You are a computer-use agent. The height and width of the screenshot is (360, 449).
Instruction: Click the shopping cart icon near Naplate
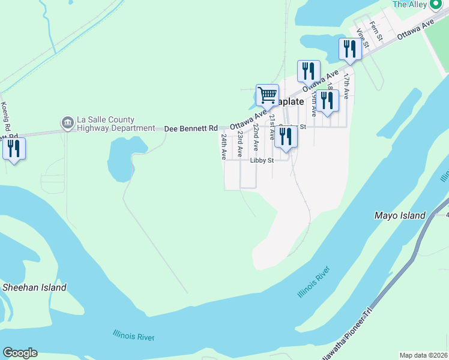pyautogui.click(x=267, y=94)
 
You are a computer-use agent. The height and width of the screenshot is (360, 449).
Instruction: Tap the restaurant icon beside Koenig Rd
pyautogui.click(x=14, y=148)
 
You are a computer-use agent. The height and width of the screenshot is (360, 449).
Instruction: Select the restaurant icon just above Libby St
pyautogui.click(x=285, y=136)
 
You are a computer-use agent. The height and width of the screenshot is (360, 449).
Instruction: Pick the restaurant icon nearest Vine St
pyautogui.click(x=349, y=49)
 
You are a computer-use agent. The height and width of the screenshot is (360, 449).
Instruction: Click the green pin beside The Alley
pyautogui.click(x=436, y=4)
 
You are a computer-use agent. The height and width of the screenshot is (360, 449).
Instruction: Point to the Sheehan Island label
pyautogui.click(x=34, y=287)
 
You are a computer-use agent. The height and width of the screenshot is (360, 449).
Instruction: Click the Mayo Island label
pyautogui.click(x=399, y=215)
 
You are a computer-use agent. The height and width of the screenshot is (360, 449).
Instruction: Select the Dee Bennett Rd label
pyautogui.click(x=191, y=128)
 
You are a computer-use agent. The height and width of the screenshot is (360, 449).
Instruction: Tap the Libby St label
pyautogui.click(x=262, y=160)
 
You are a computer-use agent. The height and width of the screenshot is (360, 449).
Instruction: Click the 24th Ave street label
pyautogui.click(x=223, y=146)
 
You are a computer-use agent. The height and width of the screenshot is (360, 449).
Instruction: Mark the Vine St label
pyautogui.click(x=361, y=38)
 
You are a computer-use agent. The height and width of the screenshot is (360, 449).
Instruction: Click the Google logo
pyautogui.click(x=20, y=353)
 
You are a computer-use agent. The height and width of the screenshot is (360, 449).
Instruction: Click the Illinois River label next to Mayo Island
pyautogui.click(x=314, y=283)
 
